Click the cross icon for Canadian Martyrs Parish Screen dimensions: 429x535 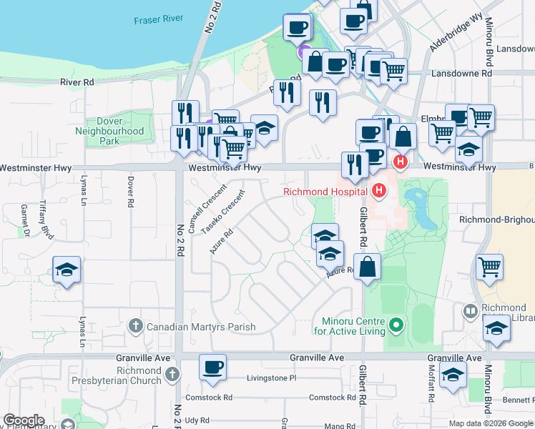136,327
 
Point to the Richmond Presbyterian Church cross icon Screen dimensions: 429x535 171,375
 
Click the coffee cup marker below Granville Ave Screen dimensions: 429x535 213,368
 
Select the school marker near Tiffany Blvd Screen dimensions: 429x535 67,270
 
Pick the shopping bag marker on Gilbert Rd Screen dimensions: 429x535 367,267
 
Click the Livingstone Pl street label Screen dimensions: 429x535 271,378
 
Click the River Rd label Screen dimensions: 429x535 77,82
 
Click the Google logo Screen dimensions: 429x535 24,420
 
